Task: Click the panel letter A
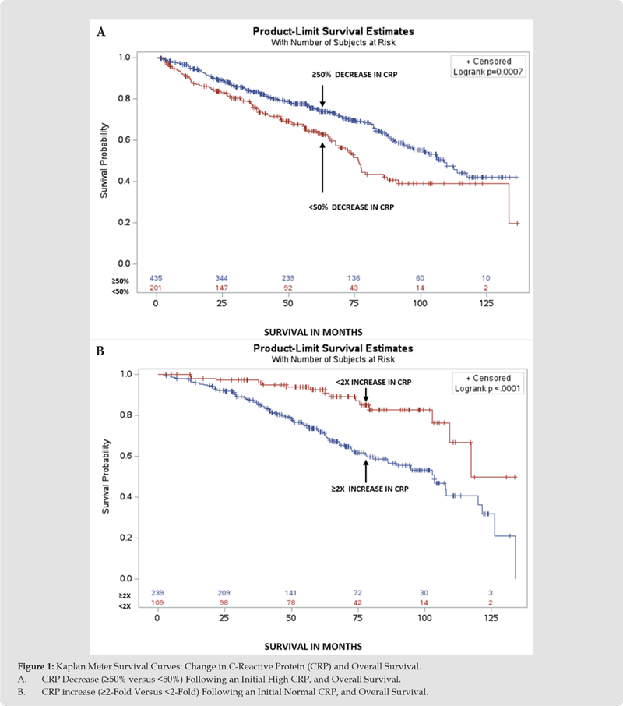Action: [100, 32]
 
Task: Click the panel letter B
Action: [100, 351]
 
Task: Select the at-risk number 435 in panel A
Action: [156, 278]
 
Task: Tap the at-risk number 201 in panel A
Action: [156, 288]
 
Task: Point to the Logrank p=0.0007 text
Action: [488, 72]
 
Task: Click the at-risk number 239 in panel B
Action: [157, 594]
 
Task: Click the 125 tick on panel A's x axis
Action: [484, 302]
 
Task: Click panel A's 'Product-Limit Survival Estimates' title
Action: [333, 32]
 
